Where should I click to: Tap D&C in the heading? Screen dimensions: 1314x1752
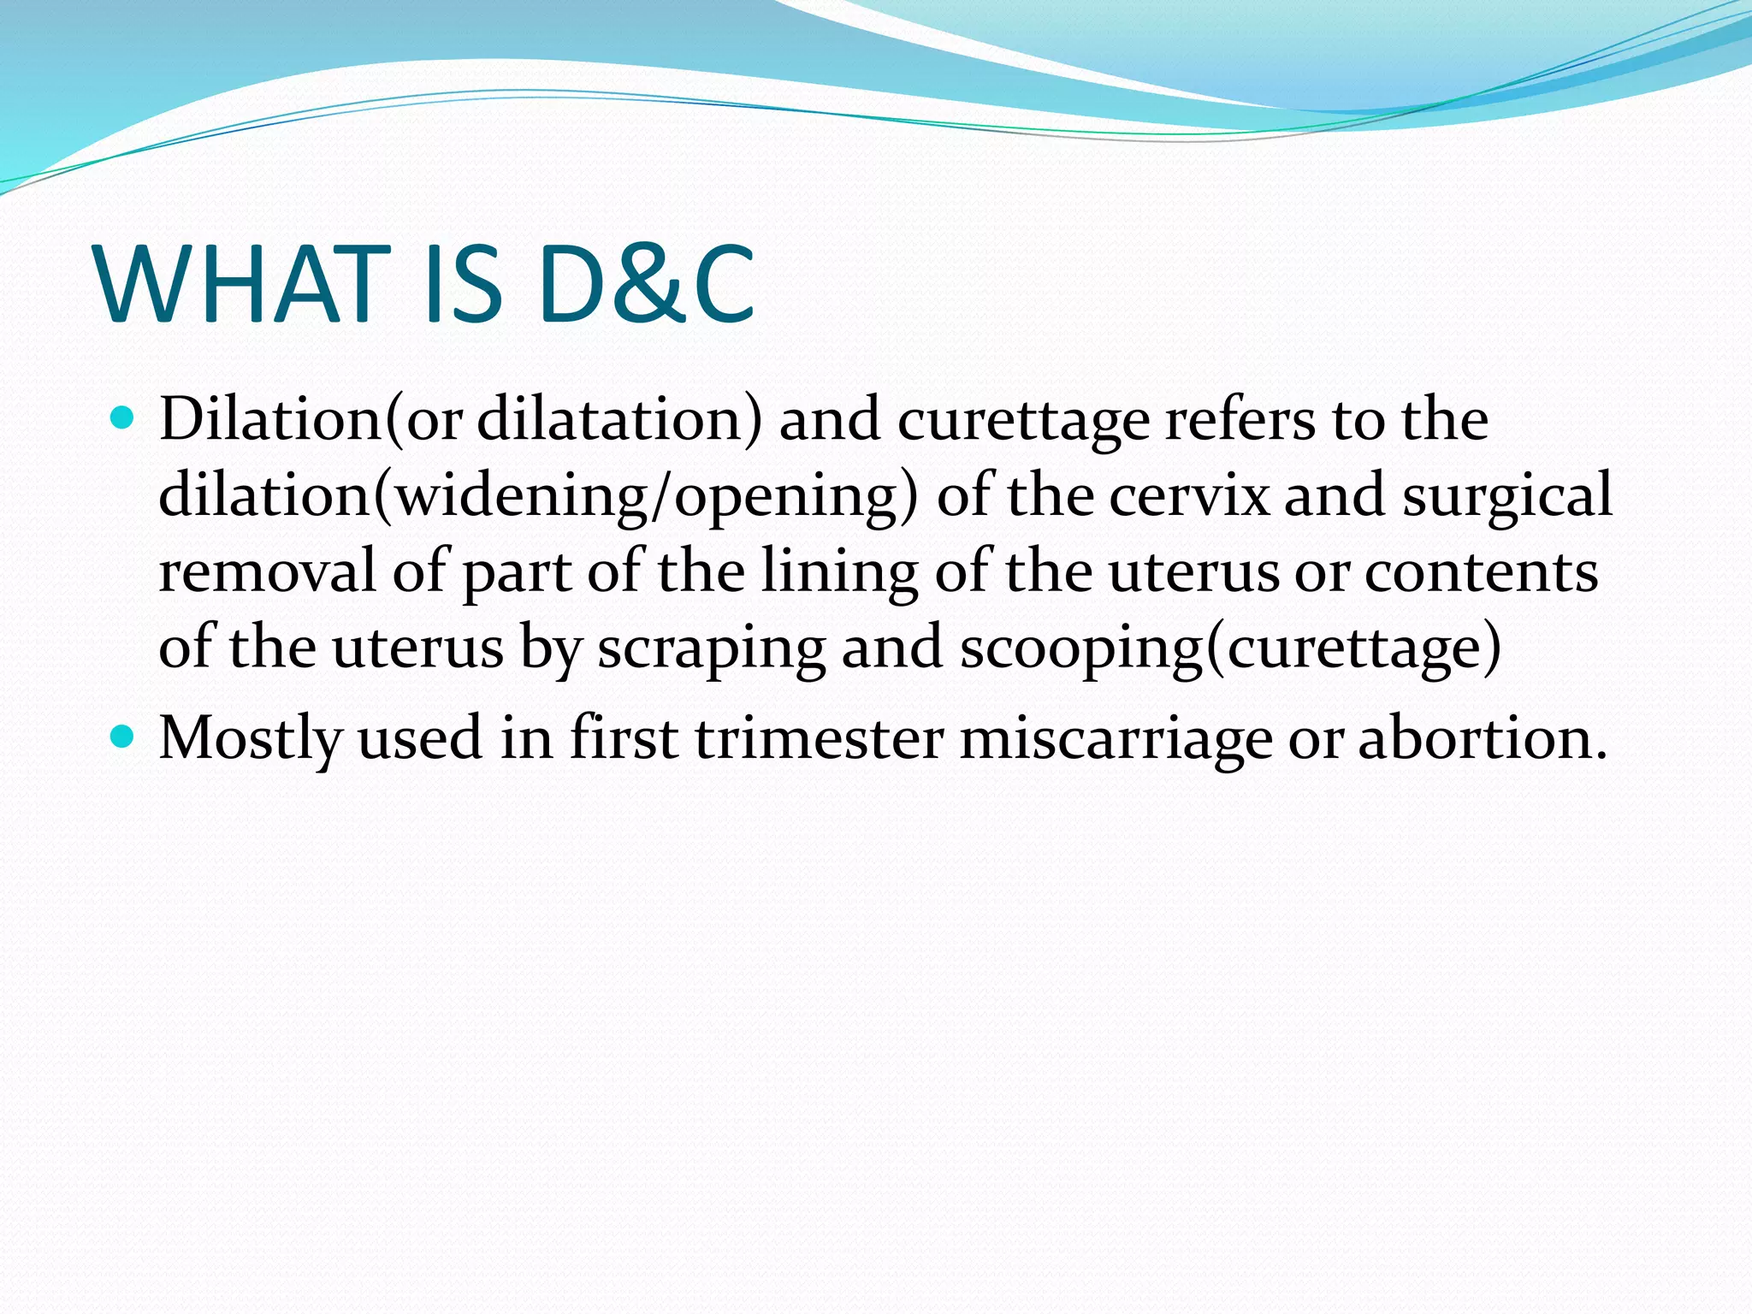tap(646, 284)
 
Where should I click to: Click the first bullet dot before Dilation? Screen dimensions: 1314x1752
tap(123, 418)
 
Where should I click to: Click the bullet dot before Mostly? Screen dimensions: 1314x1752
tap(123, 736)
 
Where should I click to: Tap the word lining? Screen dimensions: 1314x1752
tap(839, 571)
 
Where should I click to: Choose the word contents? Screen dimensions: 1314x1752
tap(1481, 571)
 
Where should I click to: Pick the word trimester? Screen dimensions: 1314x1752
tap(819, 737)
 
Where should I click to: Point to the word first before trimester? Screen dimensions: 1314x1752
tap(624, 737)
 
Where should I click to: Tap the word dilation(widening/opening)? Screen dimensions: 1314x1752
tap(538, 496)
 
